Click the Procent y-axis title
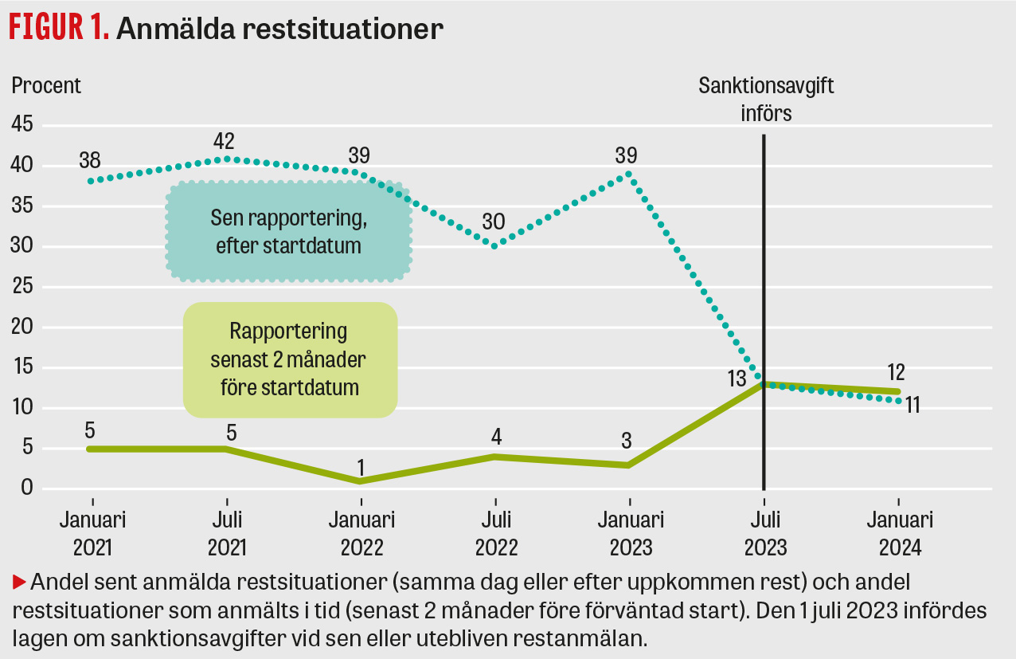[x=46, y=85]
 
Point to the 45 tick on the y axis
[x=22, y=125]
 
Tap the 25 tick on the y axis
[x=22, y=287]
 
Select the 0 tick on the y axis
[x=27, y=488]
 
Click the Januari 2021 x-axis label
[x=93, y=534]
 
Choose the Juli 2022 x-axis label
[x=496, y=534]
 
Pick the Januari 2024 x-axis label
[x=900, y=534]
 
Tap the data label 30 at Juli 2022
[x=495, y=221]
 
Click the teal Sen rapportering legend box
[x=288, y=232]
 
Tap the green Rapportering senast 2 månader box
[x=289, y=359]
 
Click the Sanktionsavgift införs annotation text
[x=766, y=99]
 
